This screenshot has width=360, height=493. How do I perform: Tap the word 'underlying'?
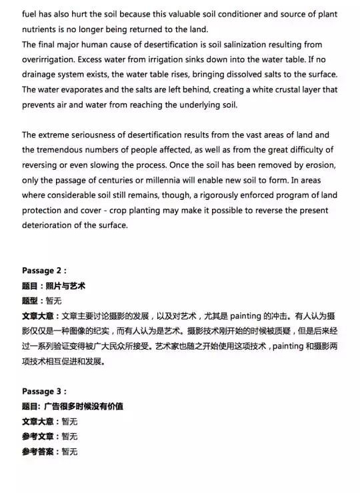pyautogui.click(x=192, y=104)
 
